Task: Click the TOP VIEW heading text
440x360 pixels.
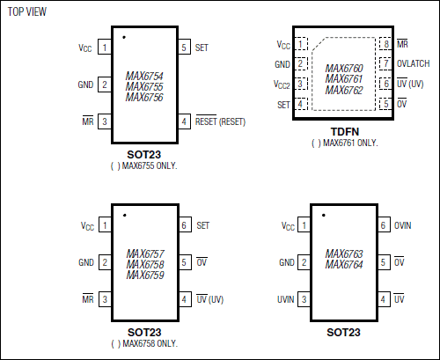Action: [x=27, y=11]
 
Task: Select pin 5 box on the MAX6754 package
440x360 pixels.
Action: [x=184, y=48]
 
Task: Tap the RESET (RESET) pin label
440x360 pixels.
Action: [x=220, y=121]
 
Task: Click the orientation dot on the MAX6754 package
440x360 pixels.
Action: [x=124, y=37]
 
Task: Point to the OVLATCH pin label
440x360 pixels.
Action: [x=414, y=63]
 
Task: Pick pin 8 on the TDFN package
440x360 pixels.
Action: [x=385, y=44]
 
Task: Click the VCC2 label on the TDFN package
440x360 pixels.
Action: [x=282, y=84]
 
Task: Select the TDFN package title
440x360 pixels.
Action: [x=345, y=132]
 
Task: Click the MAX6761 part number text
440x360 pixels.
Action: [x=344, y=79]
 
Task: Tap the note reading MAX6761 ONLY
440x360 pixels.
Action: [x=345, y=143]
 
